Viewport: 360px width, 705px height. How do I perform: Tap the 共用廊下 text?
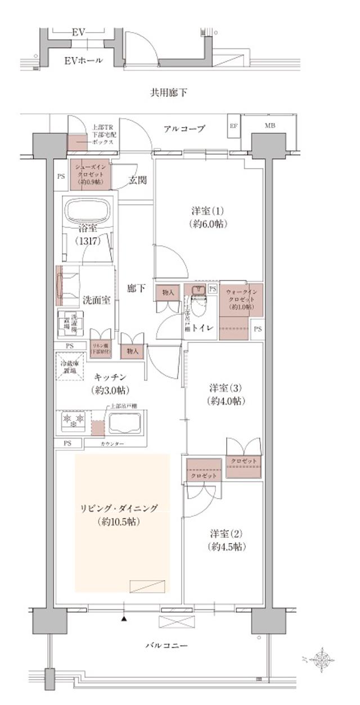[x=168, y=92]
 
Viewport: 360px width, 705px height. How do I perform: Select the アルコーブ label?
[x=184, y=129]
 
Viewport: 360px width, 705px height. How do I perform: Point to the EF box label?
[x=233, y=125]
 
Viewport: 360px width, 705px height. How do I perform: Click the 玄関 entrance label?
[x=137, y=180]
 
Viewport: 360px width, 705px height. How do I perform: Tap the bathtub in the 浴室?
[x=89, y=212]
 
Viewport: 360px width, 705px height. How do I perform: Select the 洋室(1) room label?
[x=208, y=217]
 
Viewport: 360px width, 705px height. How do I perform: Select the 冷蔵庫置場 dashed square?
[x=70, y=367]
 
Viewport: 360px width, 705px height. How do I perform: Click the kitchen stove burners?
[x=73, y=419]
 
